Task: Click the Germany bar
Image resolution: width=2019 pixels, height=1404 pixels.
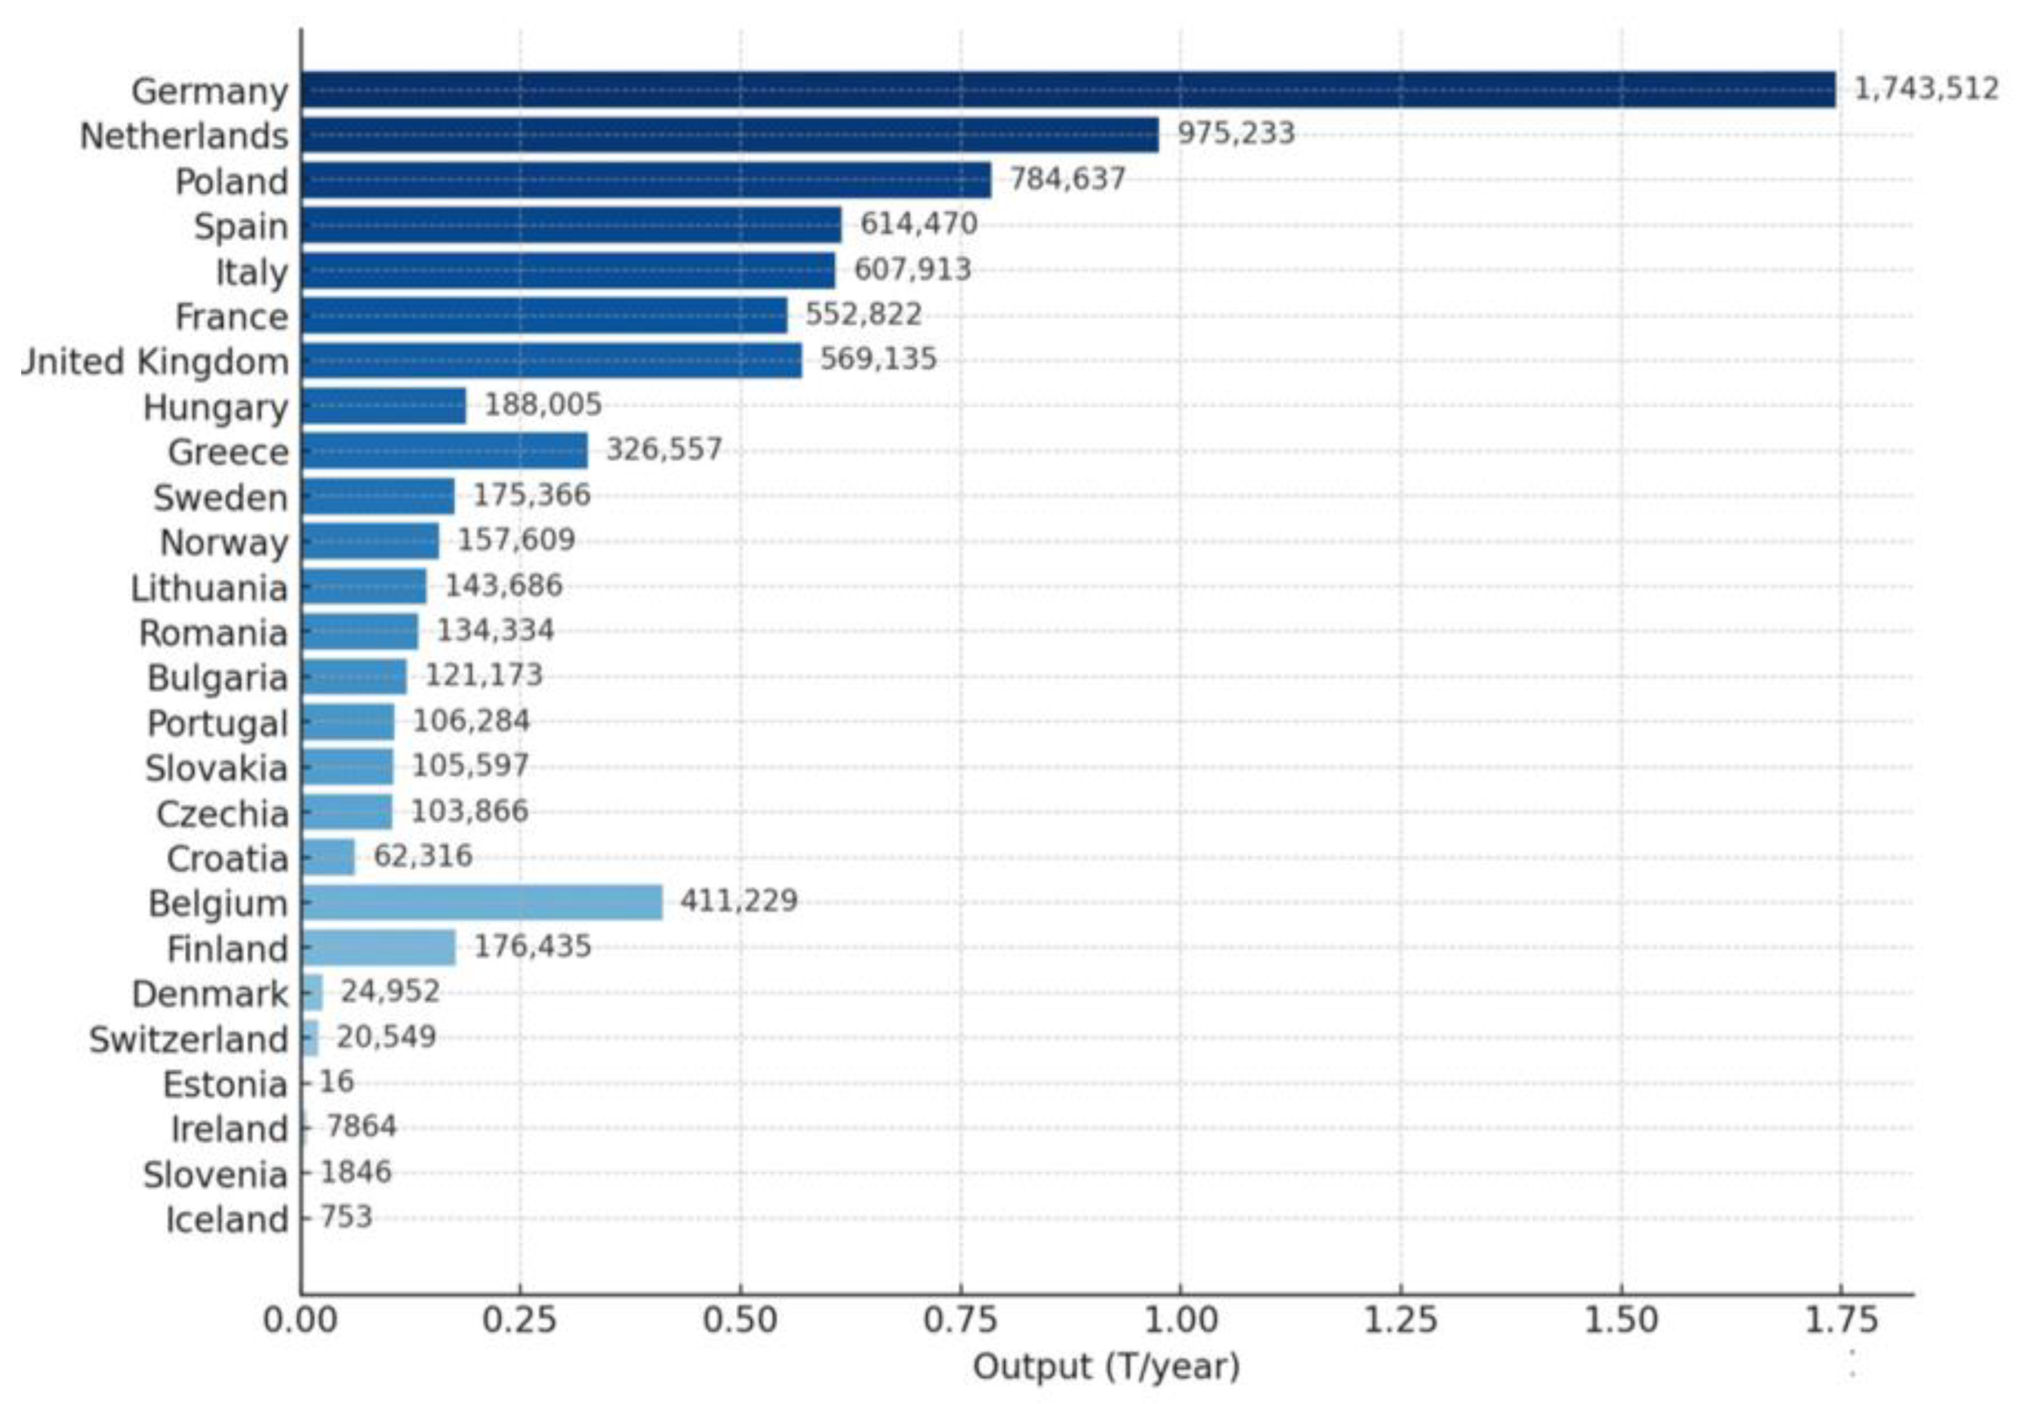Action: click(x=1068, y=90)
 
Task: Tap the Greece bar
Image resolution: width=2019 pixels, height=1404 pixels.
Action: click(x=444, y=451)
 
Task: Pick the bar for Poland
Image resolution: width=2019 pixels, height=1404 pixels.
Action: click(x=645, y=180)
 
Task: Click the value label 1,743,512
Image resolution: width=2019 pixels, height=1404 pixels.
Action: click(x=1925, y=89)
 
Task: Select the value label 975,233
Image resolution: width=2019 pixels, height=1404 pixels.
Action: click(x=1235, y=134)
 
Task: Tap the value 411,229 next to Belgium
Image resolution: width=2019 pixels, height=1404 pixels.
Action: click(x=739, y=901)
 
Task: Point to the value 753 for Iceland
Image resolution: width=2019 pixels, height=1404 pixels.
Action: click(x=346, y=1218)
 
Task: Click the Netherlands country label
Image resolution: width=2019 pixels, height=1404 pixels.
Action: click(x=184, y=136)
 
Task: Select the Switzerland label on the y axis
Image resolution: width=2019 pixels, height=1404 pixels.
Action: click(x=188, y=1040)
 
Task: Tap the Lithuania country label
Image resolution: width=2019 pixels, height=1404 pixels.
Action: click(x=209, y=588)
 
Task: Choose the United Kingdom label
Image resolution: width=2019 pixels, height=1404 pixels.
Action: click(x=156, y=361)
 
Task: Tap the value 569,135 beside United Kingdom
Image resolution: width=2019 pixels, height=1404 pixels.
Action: click(x=878, y=359)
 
